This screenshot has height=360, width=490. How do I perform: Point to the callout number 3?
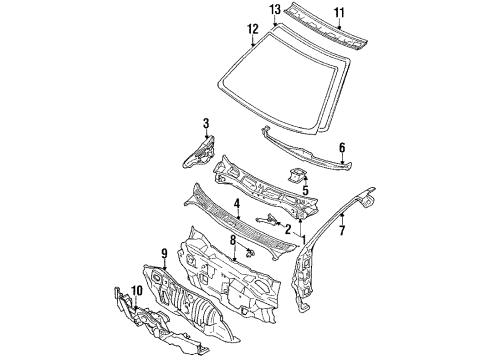tap(205, 123)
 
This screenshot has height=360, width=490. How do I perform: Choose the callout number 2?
tap(287, 231)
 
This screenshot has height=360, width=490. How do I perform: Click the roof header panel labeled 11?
tap(325, 30)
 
